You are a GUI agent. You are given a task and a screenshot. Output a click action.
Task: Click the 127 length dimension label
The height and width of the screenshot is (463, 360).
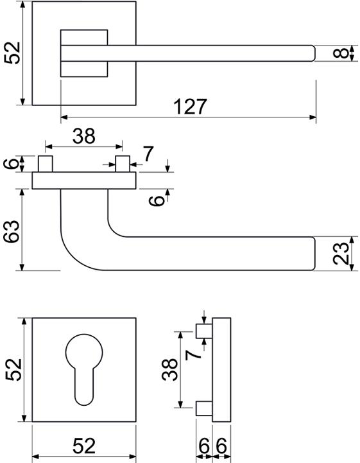pyautogui.click(x=191, y=107)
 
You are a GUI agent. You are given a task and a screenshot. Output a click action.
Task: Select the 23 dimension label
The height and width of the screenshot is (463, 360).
pyautogui.click(x=341, y=254)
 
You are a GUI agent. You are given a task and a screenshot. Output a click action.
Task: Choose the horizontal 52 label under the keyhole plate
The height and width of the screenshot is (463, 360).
pyautogui.click(x=84, y=446)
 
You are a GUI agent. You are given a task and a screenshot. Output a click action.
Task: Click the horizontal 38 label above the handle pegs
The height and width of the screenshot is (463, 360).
pyautogui.click(x=84, y=136)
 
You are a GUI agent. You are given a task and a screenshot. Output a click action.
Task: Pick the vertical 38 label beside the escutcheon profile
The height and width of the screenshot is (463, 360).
pyautogui.click(x=169, y=369)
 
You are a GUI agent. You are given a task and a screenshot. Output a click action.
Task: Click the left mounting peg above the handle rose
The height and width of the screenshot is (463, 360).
pyautogui.click(x=46, y=164)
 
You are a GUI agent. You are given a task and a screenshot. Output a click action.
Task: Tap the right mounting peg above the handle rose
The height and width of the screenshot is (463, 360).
pyautogui.click(x=123, y=164)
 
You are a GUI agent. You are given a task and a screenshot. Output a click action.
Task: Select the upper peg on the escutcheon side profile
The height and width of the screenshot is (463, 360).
pyautogui.click(x=204, y=331)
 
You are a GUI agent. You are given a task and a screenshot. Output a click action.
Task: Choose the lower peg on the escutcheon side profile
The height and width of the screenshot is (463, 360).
pyautogui.click(x=204, y=408)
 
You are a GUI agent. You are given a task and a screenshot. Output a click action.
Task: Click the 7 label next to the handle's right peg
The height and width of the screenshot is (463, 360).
pyautogui.click(x=148, y=154)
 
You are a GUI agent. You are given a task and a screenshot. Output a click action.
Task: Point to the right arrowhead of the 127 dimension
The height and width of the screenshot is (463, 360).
pyautogui.click(x=313, y=118)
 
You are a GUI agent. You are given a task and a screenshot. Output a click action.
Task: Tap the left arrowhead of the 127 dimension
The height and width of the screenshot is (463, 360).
pyautogui.click(x=64, y=118)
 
